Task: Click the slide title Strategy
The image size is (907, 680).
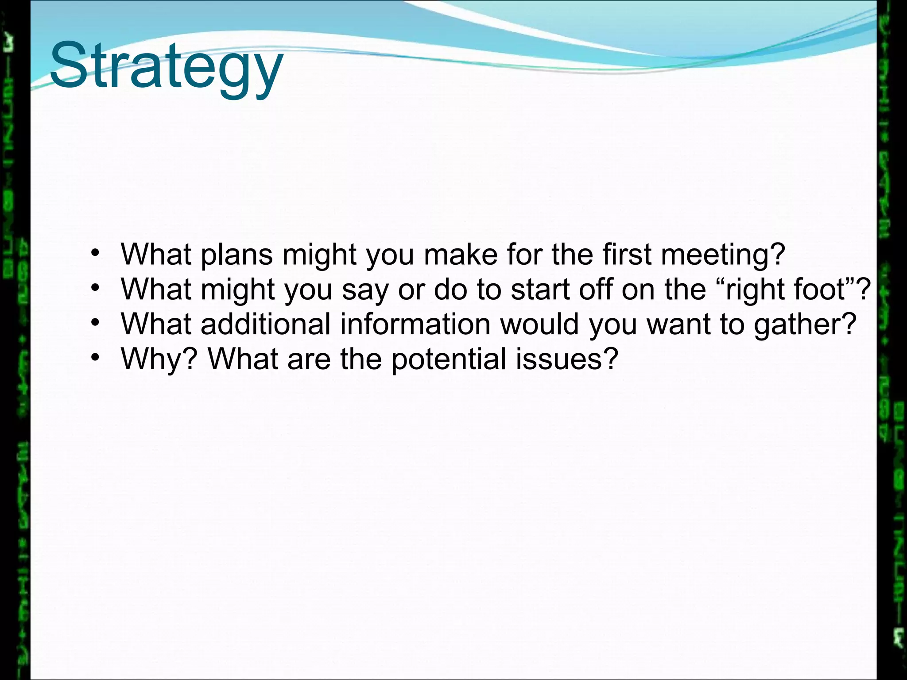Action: click(166, 66)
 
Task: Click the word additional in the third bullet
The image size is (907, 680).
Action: click(265, 324)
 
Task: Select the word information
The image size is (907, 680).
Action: click(415, 324)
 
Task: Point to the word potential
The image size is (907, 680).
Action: click(449, 359)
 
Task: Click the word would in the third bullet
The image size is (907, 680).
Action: click(539, 324)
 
